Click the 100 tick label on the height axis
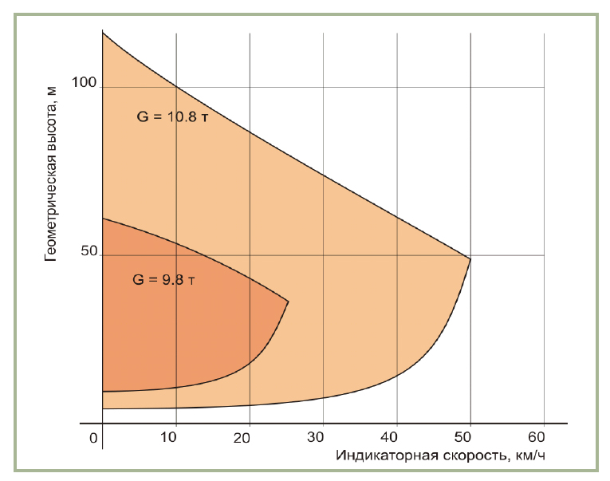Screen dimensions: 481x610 pos(83,82)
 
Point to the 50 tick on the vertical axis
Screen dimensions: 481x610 pos(88,251)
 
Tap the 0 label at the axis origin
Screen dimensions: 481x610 pos(93,438)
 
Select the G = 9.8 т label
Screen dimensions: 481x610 pos(163,280)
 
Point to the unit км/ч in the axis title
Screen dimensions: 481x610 pos(529,456)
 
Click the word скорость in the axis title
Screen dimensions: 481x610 pos(466,456)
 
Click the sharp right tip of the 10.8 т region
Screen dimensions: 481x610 pos(470,258)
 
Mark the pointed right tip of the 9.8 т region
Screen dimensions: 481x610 pos(288,302)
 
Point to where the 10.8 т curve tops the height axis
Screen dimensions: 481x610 pos(103,33)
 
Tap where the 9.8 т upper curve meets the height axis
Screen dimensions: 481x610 pos(103,219)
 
